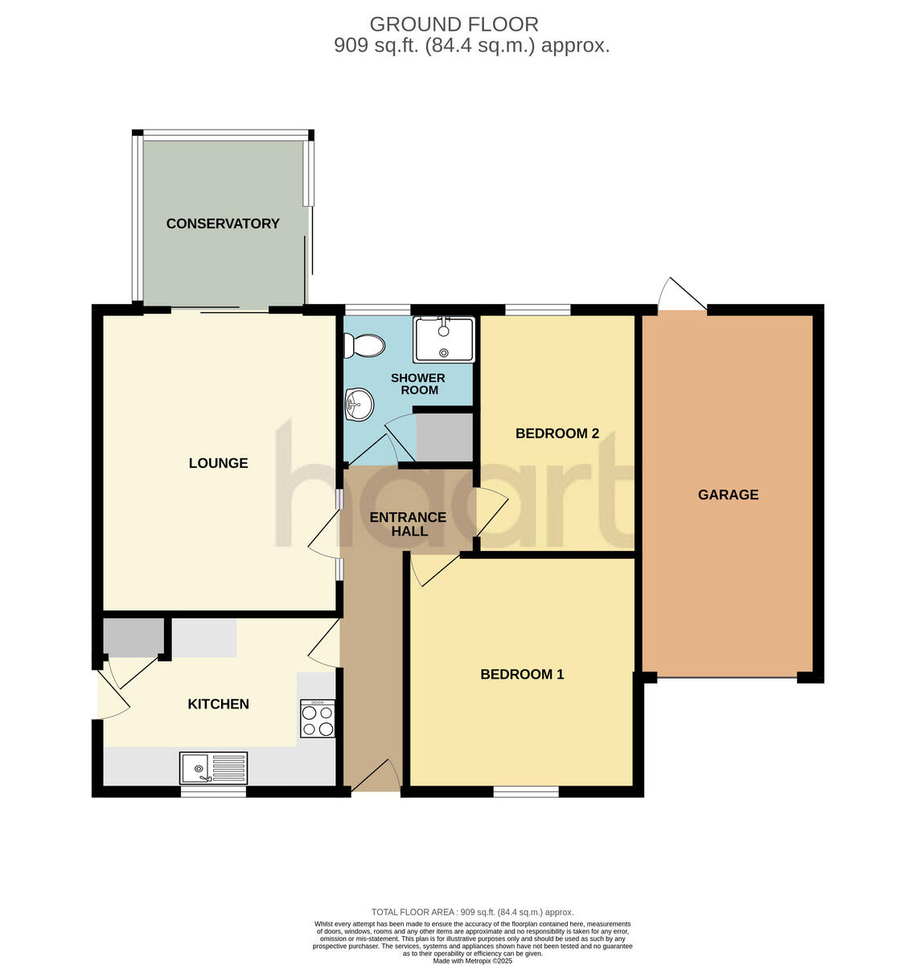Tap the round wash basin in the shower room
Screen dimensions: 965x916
[359, 404]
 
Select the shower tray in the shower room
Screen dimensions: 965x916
[444, 339]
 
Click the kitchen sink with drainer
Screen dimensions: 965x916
[214, 768]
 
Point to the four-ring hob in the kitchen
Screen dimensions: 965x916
[318, 719]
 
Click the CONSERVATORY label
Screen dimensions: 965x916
[223, 224]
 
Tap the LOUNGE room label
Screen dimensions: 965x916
[218, 463]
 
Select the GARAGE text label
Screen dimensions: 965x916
[728, 495]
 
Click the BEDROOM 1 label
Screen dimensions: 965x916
[522, 674]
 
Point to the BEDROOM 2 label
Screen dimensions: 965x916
[557, 433]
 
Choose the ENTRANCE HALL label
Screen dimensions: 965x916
[408, 524]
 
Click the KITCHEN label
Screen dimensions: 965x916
[218, 704]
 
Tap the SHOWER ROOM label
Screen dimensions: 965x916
[418, 384]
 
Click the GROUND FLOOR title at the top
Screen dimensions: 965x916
[454, 25]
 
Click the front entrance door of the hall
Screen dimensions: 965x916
[376, 777]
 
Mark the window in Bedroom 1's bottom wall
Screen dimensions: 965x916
[526, 792]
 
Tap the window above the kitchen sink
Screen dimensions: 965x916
[213, 792]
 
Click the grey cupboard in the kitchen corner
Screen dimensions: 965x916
[133, 637]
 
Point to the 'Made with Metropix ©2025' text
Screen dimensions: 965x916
[472, 960]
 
